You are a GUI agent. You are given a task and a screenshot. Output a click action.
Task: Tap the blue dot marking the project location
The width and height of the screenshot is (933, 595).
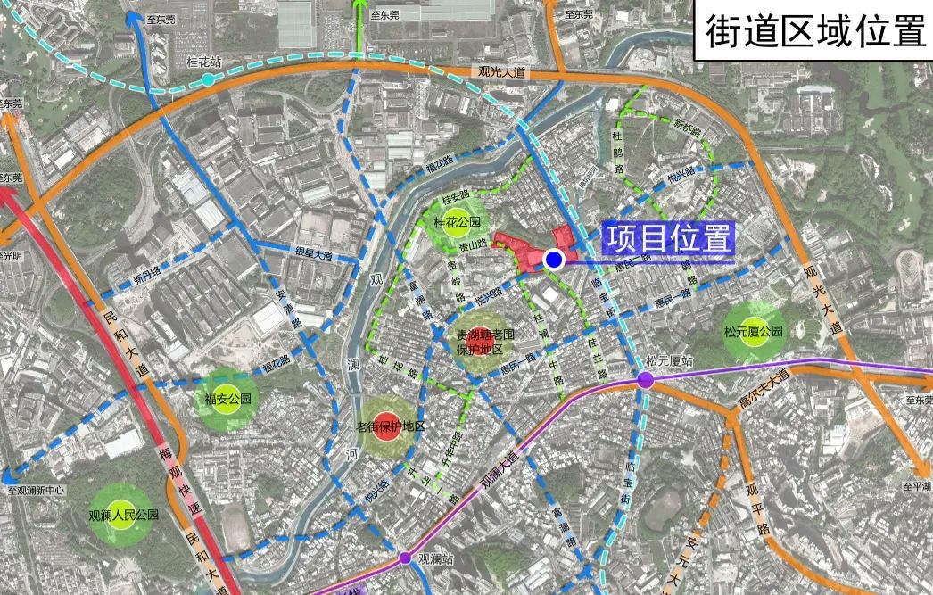coord(553,260)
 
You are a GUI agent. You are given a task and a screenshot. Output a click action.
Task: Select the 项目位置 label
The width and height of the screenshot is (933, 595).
coord(669,238)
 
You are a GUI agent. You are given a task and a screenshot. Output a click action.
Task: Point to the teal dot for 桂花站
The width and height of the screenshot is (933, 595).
coord(207,80)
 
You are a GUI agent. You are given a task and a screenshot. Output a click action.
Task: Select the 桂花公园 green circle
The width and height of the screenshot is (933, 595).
coord(457,222)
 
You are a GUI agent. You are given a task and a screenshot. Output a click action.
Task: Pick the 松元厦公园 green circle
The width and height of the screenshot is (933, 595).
coord(754,331)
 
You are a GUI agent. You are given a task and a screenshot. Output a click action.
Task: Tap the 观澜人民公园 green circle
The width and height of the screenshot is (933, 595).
coord(124,515)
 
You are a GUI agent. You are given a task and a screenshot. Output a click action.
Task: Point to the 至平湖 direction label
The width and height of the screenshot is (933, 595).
coord(916,486)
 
